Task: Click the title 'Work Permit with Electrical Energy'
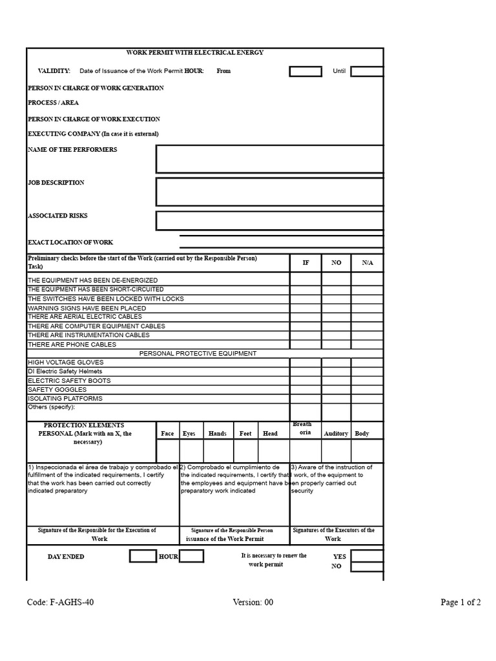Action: pos(194,52)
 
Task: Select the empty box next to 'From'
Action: pos(305,71)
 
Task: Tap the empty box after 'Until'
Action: pos(366,71)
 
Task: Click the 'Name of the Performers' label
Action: pos(72,150)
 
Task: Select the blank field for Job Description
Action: pos(269,192)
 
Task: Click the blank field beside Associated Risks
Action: pos(269,220)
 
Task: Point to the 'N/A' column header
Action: pos(367,263)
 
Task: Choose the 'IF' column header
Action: pos(305,263)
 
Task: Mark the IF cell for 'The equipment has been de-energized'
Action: pos(305,281)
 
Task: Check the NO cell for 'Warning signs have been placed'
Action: pos(336,308)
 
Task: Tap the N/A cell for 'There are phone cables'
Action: pos(367,344)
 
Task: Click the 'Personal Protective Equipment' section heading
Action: pos(198,354)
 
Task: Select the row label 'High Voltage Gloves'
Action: pos(65,363)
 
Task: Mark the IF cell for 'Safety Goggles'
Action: pos(305,390)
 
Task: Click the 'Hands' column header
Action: pos(218,434)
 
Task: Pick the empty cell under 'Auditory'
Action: pos(336,451)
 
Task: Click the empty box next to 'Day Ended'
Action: pos(143,556)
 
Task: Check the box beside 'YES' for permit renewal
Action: pos(366,556)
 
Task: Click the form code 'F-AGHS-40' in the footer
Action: pos(64,602)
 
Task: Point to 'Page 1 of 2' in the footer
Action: pos(460,602)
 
